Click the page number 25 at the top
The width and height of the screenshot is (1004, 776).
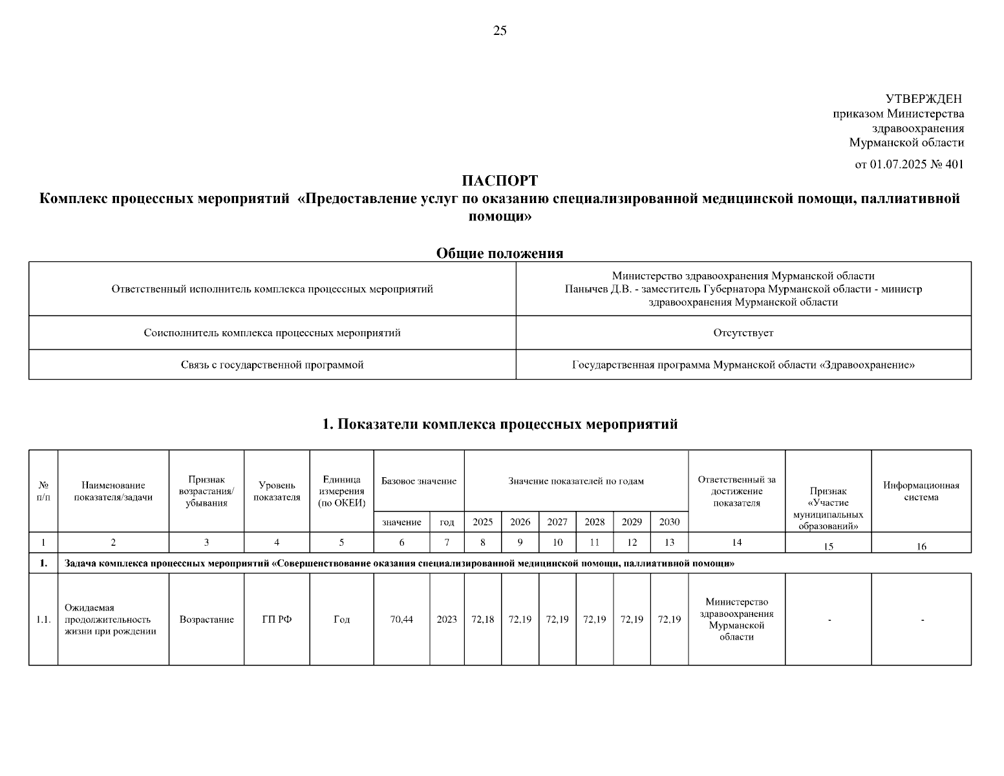500,30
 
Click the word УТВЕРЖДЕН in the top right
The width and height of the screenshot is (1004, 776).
923,99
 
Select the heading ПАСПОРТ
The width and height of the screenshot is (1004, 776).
500,180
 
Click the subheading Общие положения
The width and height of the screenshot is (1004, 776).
500,253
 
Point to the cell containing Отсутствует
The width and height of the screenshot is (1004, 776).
743,333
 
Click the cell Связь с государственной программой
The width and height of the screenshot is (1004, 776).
272,365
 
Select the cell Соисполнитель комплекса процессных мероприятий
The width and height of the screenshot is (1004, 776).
272,333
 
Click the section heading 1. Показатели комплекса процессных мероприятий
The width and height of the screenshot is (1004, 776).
500,424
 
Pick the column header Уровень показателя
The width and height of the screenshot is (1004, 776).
277,491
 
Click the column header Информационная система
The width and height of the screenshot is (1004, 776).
921,491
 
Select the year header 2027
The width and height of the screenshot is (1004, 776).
557,522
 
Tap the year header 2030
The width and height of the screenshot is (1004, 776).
669,522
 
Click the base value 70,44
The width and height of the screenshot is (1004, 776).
401,620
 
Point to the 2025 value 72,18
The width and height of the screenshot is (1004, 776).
482,620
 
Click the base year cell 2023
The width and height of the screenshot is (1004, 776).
447,620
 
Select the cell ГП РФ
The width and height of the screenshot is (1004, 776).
277,620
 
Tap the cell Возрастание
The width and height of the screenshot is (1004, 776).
206,620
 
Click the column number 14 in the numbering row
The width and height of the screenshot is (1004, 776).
736,543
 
